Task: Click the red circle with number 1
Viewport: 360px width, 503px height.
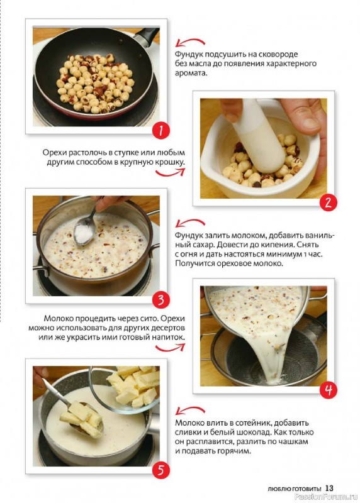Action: coord(160,131)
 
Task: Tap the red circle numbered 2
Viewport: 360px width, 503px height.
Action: coord(328,202)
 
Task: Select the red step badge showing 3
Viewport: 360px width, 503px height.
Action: coord(160,300)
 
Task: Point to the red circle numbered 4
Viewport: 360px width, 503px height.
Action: coord(328,390)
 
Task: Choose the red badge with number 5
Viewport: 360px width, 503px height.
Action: coord(160,470)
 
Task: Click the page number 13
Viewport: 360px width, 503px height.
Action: coord(329,488)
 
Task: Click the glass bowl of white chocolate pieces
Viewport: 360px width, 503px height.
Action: coord(128,388)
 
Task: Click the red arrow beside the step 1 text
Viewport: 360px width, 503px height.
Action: coord(191,42)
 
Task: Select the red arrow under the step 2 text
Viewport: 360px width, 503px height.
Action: coord(170,174)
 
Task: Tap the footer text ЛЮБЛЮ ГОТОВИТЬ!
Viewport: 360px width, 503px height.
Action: coord(295,489)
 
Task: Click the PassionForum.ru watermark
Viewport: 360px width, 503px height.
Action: coord(327,497)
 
